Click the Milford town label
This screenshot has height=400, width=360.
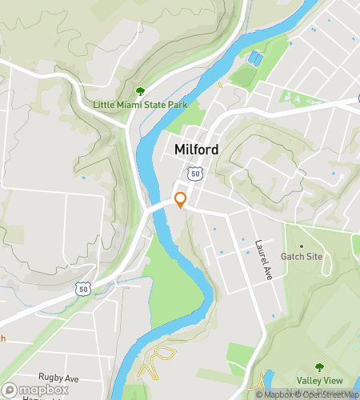point(197,150)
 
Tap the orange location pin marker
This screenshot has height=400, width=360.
point(181,200)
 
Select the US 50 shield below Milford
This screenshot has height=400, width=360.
point(194,173)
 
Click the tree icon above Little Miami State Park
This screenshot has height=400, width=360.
point(141,92)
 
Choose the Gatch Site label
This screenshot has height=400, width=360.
point(302,257)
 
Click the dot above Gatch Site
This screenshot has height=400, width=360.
point(302,246)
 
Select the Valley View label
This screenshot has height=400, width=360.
point(320,380)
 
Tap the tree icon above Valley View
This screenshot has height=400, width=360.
point(320,367)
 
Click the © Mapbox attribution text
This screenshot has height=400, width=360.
point(275,394)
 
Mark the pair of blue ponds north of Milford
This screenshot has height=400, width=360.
point(254,58)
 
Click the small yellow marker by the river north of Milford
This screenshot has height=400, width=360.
point(220,83)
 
